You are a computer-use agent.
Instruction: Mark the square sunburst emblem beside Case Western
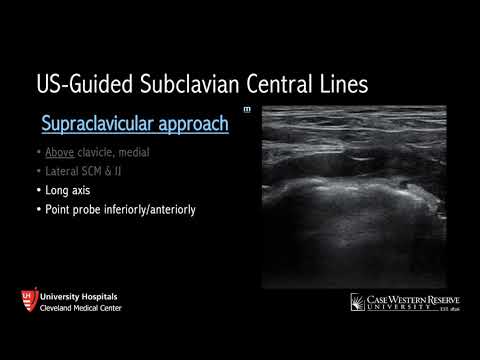click(x=358, y=301)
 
